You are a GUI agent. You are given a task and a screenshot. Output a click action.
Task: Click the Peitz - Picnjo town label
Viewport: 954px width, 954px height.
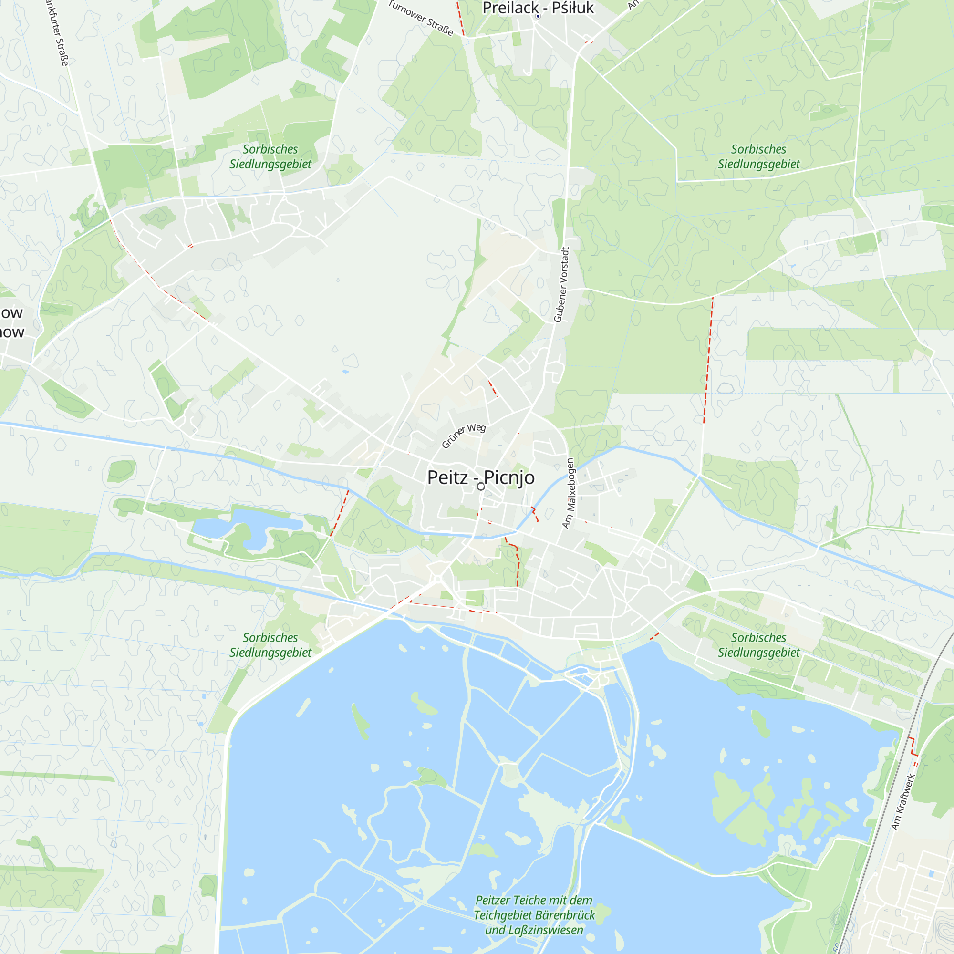[x=480, y=477]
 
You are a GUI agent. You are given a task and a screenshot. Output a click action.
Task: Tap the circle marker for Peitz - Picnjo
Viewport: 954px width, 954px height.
[x=480, y=487]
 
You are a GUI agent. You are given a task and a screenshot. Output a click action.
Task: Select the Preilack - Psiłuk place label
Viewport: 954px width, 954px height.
[x=538, y=8]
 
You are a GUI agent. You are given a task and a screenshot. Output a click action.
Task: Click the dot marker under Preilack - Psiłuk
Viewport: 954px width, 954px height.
[x=538, y=16]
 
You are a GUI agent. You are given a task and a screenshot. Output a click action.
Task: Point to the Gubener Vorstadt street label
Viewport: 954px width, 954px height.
[x=562, y=285]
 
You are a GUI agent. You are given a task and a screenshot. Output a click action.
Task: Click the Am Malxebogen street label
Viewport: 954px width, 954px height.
[x=569, y=493]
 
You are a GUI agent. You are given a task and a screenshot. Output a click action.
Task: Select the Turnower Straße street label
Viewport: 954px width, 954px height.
[x=421, y=18]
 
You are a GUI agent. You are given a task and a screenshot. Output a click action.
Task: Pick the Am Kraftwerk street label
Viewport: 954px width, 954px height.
[x=903, y=802]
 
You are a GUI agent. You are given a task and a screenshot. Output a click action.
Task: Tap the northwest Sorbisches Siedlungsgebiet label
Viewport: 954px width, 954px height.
[x=270, y=156]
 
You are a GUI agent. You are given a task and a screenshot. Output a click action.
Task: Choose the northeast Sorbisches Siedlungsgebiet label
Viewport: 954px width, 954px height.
[x=758, y=156]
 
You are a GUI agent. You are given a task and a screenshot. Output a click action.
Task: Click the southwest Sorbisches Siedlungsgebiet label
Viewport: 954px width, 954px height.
[x=270, y=645]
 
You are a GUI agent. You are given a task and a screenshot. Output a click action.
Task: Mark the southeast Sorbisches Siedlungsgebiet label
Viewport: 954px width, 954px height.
[x=758, y=645]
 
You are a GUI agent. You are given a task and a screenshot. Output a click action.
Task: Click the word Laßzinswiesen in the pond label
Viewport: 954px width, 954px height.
[x=546, y=930]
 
